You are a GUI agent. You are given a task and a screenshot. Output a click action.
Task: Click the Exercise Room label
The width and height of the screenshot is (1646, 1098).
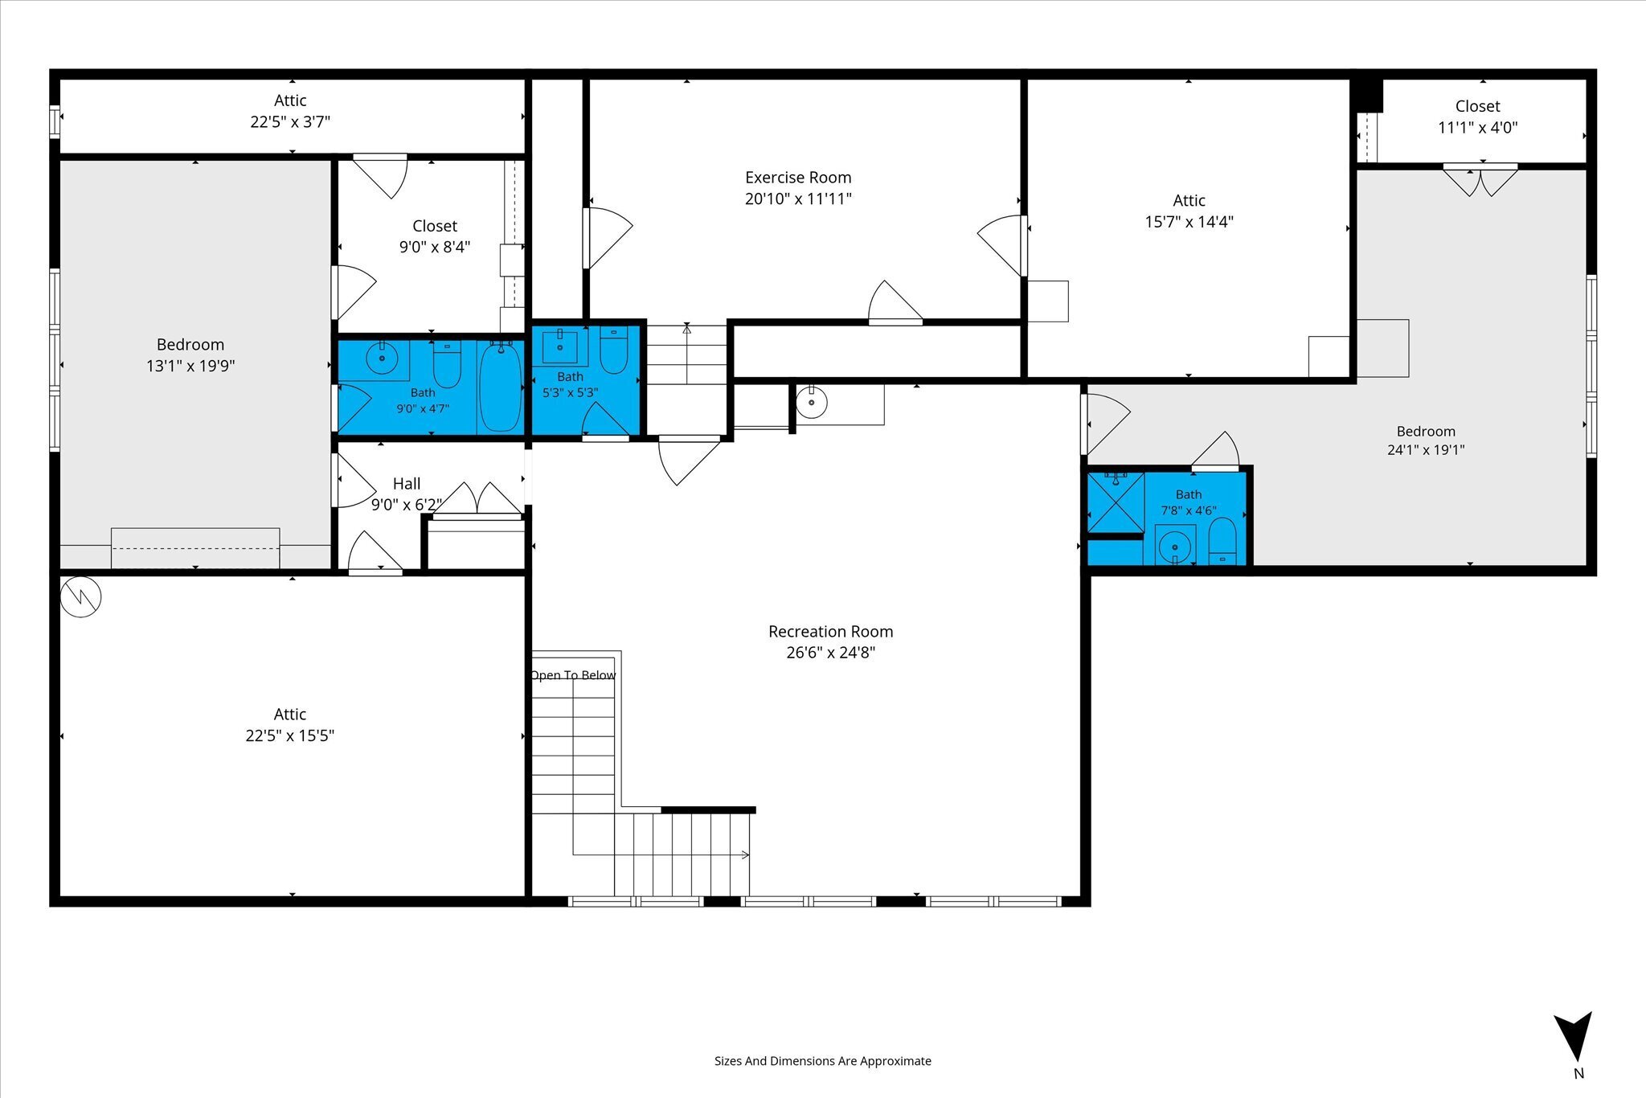(x=798, y=178)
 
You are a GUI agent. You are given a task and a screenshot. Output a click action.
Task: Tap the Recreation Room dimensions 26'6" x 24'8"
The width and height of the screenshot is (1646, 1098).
(x=830, y=653)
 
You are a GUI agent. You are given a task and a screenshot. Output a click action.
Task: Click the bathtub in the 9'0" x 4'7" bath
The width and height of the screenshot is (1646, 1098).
(x=500, y=387)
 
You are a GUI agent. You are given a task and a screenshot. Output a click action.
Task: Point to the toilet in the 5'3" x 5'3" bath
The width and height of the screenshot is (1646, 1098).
(x=613, y=350)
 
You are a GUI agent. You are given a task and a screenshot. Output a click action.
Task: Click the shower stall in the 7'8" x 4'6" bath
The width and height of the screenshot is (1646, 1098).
(x=1116, y=502)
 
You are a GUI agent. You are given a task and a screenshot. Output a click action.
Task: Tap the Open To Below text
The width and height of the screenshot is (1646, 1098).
(x=573, y=675)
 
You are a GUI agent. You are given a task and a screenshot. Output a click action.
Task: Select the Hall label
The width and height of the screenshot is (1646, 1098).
(x=407, y=484)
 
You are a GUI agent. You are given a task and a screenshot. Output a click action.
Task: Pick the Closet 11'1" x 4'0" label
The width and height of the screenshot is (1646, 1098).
(x=1477, y=117)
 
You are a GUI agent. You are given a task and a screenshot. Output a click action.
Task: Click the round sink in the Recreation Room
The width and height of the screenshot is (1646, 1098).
(x=812, y=401)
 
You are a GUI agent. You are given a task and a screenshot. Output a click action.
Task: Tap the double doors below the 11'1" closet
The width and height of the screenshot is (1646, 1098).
(x=1480, y=180)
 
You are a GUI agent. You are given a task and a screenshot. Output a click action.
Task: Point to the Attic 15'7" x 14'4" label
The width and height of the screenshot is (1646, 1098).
(x=1189, y=211)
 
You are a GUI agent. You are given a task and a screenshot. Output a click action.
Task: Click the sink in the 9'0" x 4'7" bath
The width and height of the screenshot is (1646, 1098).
(x=382, y=358)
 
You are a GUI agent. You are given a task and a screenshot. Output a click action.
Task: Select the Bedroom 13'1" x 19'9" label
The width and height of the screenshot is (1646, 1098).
(x=190, y=355)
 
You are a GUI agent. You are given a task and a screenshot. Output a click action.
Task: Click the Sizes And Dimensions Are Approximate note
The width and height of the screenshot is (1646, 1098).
(x=823, y=1061)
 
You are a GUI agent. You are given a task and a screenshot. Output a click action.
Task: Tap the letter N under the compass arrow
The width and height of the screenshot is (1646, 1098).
(x=1578, y=1073)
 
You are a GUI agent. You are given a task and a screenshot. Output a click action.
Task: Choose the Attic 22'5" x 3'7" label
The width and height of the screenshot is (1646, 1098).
(x=290, y=111)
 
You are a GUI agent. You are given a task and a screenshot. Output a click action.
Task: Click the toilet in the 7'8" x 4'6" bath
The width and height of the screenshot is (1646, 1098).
(x=1222, y=541)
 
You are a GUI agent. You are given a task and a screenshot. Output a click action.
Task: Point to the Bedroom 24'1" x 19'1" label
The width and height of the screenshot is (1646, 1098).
(x=1426, y=440)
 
